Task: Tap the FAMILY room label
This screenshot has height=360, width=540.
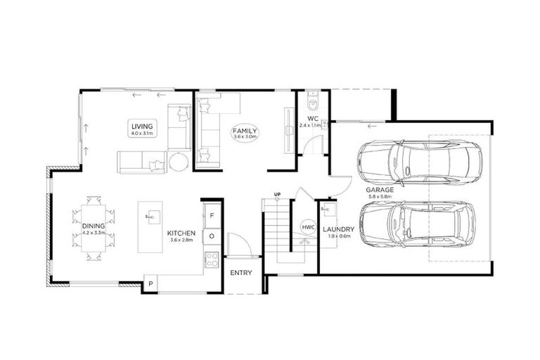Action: tap(246, 131)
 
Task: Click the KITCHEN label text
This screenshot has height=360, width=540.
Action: tap(181, 233)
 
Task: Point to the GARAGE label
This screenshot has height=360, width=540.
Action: tap(380, 190)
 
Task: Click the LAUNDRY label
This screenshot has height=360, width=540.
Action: tap(338, 229)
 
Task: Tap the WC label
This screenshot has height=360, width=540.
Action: tap(314, 118)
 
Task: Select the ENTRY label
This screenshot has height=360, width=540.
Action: tap(241, 273)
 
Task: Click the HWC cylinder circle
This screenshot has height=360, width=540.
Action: tap(308, 227)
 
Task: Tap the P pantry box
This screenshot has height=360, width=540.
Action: tap(150, 283)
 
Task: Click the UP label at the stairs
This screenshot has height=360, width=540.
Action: tap(278, 195)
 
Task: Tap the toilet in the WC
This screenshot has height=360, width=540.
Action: tap(312, 98)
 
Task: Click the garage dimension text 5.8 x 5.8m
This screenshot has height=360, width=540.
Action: tap(380, 198)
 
